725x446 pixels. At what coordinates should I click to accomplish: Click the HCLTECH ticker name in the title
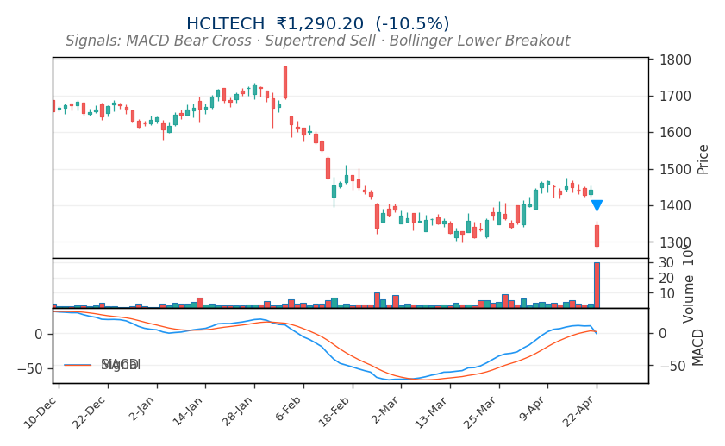[x=226, y=24]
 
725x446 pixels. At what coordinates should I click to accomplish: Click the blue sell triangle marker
[x=597, y=205]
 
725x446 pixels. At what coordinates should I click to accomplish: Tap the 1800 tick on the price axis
[x=675, y=60]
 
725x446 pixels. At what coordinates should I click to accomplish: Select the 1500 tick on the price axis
[x=675, y=169]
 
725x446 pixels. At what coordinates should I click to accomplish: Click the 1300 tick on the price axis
[x=675, y=242]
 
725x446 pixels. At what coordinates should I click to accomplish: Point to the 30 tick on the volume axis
[x=666, y=262]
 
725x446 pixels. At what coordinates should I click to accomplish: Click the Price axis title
[x=703, y=159]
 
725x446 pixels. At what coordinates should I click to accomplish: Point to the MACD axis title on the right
[x=699, y=347]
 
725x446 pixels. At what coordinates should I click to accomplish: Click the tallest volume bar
[x=597, y=286]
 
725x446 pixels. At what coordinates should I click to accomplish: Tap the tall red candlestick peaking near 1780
[x=285, y=83]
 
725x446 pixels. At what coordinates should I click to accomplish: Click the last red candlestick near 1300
[x=597, y=236]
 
